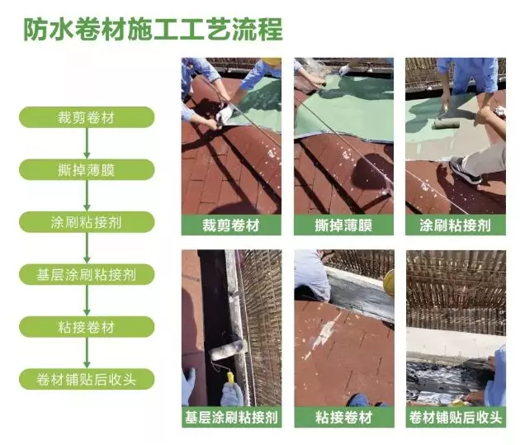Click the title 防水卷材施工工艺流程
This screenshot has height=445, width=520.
coord(153,30)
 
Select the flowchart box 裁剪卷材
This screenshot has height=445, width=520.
coord(87,117)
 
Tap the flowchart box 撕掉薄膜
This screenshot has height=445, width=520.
coord(87,169)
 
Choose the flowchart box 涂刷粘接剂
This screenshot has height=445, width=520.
coord(87,222)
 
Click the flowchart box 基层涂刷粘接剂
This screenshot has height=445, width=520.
coord(87,274)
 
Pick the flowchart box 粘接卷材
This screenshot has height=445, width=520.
coord(87,327)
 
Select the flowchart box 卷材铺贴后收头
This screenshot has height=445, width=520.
coord(87,379)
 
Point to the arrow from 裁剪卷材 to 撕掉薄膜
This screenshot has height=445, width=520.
coord(87,144)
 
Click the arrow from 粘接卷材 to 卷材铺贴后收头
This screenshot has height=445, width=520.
coord(87,353)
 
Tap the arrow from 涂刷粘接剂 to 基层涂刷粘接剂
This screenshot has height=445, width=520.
coord(87,248)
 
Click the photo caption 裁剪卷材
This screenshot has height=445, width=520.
coord(231,225)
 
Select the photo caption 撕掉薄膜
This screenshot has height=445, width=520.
coord(343,225)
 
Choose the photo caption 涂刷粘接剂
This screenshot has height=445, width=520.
coord(456,225)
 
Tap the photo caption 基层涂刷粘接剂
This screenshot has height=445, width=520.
coord(231,417)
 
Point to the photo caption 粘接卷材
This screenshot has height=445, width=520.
coord(344,417)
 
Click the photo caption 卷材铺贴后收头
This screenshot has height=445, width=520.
coord(456,417)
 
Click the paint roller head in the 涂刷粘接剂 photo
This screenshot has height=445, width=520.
coord(446,124)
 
